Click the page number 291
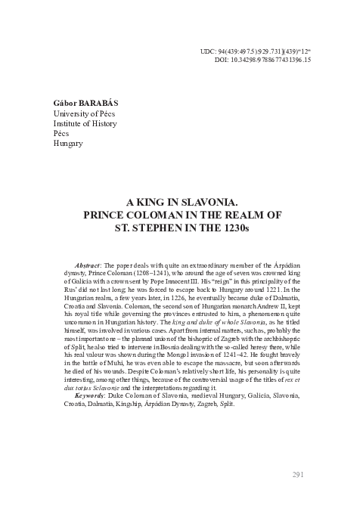pos(297,474)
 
